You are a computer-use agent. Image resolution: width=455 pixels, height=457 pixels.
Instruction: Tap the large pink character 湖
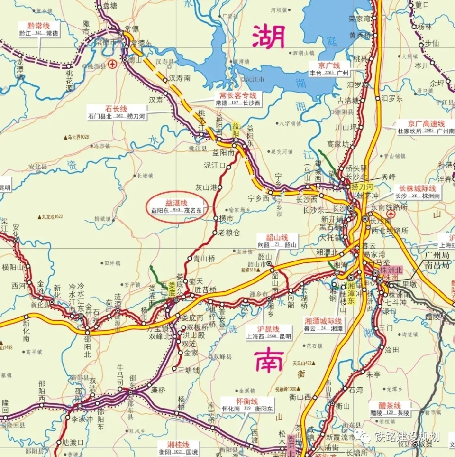(269, 37)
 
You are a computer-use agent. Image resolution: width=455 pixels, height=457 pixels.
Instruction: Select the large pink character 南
(269, 360)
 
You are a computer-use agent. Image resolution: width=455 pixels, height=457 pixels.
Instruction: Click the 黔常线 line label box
(40, 29)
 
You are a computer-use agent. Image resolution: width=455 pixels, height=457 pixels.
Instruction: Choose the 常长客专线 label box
(237, 99)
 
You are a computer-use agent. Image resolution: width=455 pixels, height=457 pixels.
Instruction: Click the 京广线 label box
(329, 69)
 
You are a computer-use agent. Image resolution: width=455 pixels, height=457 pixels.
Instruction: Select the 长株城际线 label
(417, 192)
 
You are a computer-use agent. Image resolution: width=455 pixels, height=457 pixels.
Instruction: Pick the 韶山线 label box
(277, 241)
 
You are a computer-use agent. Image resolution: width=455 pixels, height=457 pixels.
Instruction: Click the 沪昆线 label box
(268, 333)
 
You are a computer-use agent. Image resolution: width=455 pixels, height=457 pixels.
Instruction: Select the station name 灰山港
(206, 187)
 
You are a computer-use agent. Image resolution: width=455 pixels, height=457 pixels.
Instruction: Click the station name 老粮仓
(229, 233)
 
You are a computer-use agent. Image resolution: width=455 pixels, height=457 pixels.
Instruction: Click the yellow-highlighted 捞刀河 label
(362, 187)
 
